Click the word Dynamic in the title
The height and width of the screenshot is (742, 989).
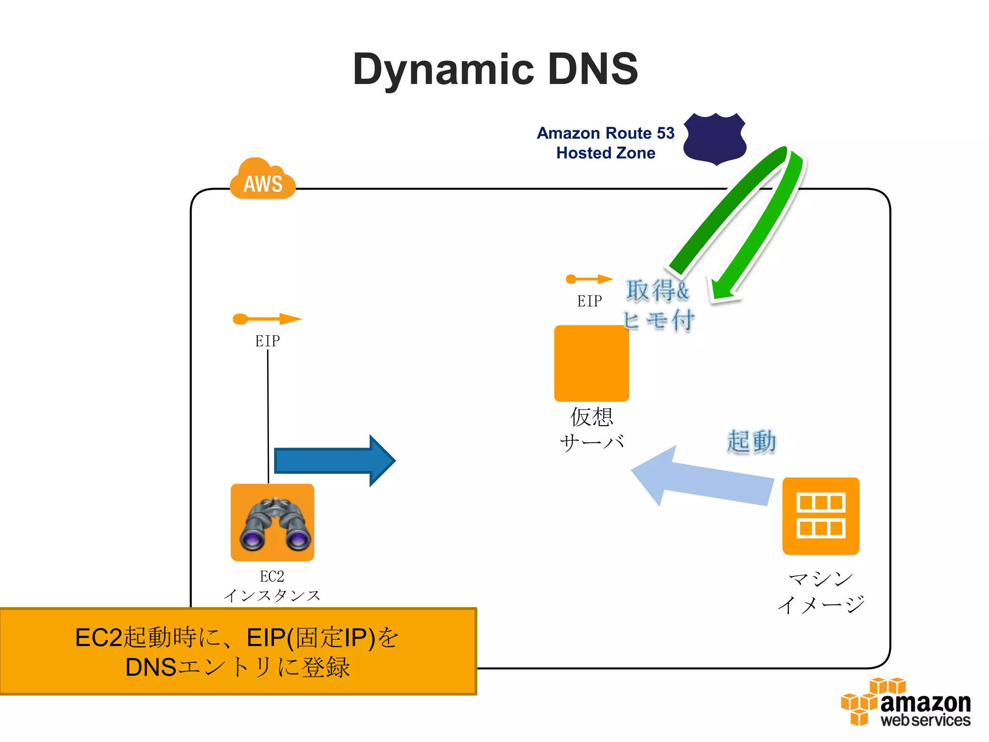click(443, 70)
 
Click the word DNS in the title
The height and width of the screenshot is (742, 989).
click(593, 69)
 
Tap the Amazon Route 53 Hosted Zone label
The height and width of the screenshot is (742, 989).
click(606, 143)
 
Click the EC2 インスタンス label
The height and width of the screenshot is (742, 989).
click(272, 586)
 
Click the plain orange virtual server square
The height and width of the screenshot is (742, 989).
click(591, 363)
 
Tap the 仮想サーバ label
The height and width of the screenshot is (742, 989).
click(592, 429)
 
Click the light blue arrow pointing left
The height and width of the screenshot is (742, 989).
click(700, 478)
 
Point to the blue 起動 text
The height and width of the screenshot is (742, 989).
click(751, 442)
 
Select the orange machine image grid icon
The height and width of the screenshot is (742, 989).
click(820, 516)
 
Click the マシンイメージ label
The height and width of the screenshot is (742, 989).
click(820, 592)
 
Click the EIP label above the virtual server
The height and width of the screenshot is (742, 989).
click(589, 301)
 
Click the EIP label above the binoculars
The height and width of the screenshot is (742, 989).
click(267, 341)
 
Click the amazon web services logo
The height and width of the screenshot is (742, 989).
click(905, 703)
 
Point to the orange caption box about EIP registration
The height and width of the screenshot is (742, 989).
click(238, 651)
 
